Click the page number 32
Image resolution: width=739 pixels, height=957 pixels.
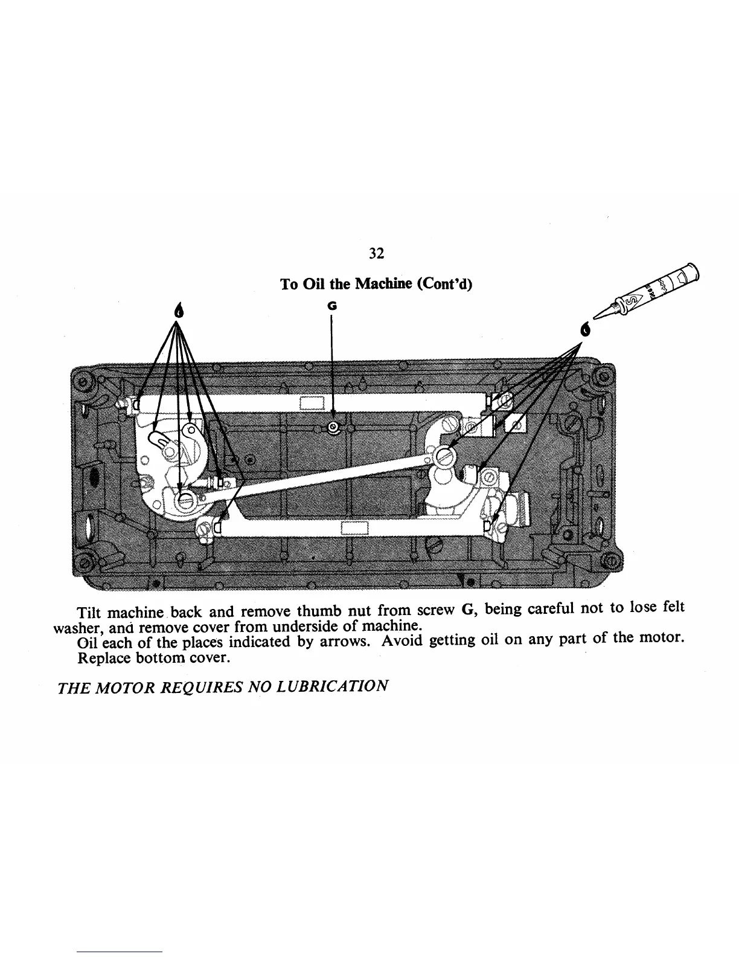click(376, 254)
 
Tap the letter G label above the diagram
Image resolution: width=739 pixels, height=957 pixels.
click(331, 306)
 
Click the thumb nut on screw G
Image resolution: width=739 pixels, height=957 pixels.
click(333, 428)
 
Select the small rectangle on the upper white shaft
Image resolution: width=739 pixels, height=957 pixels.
click(313, 403)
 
